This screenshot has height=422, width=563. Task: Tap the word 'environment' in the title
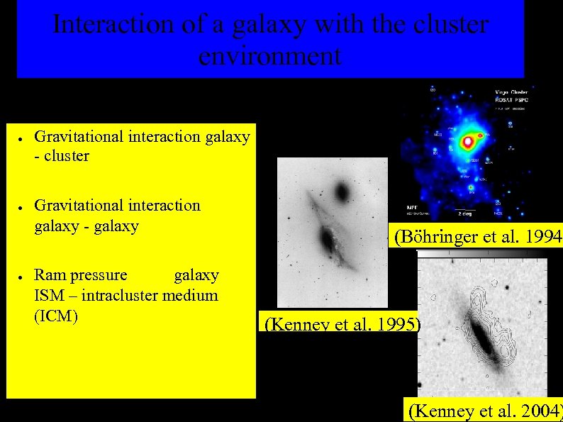tap(269, 55)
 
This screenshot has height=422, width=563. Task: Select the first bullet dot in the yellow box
tap(23, 138)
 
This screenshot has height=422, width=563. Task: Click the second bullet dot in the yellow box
tap(23, 207)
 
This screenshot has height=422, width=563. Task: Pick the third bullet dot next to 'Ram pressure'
tap(23, 277)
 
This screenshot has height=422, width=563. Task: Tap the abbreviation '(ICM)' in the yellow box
tap(56, 316)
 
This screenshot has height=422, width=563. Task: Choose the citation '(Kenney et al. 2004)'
tap(484, 409)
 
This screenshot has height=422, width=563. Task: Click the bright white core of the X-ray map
tap(468, 143)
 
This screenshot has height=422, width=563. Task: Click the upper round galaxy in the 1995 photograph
tap(342, 191)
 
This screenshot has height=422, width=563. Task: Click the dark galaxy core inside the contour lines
tap(485, 338)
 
